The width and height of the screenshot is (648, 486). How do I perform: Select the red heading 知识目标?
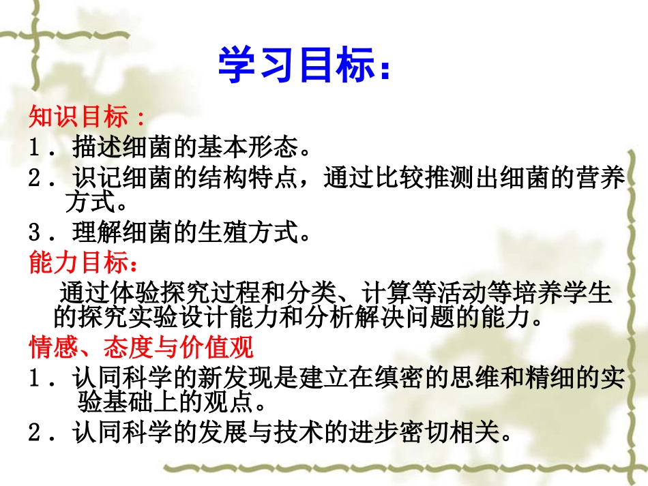(x=78, y=117)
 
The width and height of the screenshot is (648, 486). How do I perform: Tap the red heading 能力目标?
(x=78, y=262)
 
